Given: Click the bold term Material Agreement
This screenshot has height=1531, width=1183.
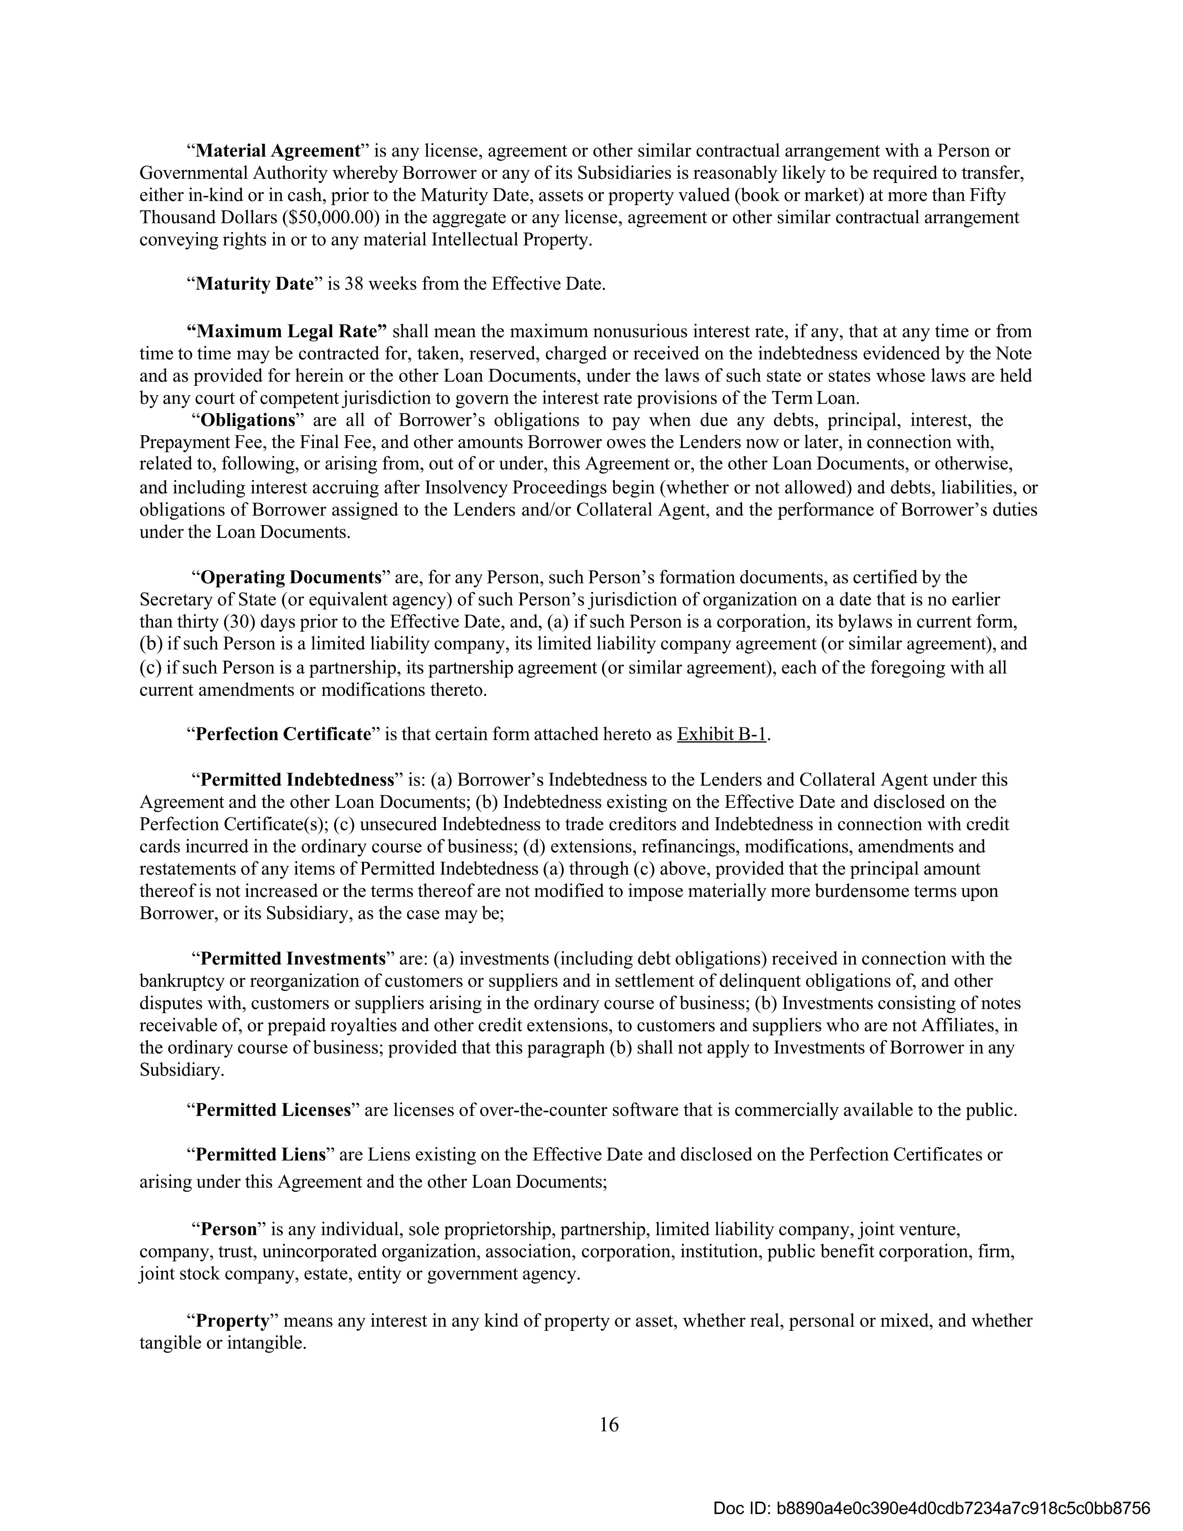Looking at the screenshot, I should (x=277, y=151).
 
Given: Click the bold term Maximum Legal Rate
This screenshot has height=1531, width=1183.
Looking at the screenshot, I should (x=286, y=331).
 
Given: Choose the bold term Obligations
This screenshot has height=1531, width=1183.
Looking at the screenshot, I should (x=247, y=421).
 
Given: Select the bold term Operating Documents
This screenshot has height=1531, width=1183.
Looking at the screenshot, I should (x=290, y=578).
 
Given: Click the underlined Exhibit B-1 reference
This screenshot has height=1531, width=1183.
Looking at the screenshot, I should (x=722, y=734).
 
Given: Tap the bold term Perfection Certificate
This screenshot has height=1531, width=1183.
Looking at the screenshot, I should (x=282, y=734).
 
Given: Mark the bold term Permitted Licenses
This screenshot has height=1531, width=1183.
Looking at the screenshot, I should (x=272, y=1110).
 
